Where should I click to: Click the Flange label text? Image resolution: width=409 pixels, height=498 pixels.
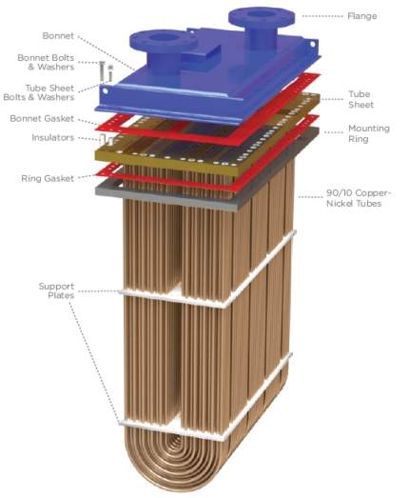pyautogui.click(x=362, y=16)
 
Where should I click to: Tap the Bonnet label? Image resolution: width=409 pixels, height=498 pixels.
pyautogui.click(x=58, y=35)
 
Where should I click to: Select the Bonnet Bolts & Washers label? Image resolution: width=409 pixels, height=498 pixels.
pyautogui.click(x=46, y=62)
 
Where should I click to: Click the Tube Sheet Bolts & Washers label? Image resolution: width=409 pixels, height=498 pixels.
pyautogui.click(x=39, y=92)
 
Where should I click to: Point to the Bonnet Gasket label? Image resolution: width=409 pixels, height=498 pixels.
pyautogui.click(x=42, y=118)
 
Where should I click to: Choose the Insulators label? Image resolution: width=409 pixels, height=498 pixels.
pyautogui.click(x=52, y=137)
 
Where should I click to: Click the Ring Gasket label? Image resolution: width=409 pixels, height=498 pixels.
pyautogui.click(x=48, y=178)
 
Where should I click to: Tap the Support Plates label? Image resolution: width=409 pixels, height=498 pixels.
pyautogui.click(x=56, y=290)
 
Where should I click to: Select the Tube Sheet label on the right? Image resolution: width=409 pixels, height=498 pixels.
pyautogui.click(x=360, y=99)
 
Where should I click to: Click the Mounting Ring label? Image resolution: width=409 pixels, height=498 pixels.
pyautogui.click(x=369, y=133)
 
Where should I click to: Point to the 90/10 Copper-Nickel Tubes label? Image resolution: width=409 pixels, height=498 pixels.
pyautogui.click(x=359, y=198)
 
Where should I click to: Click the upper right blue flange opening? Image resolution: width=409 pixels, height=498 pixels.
pyautogui.click(x=262, y=14)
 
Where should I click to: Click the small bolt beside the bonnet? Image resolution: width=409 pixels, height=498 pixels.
pyautogui.click(x=102, y=70)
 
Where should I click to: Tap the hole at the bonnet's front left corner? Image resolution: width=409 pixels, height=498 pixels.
pyautogui.click(x=105, y=91)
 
